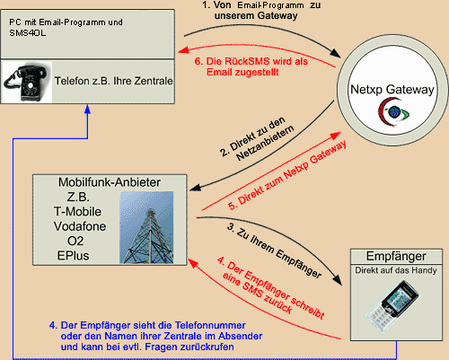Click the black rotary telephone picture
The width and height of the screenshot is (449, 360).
(x=27, y=82)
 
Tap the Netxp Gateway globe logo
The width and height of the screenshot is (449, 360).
(x=393, y=112)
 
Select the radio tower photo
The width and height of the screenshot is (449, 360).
(x=146, y=227)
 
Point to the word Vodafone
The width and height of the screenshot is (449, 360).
(x=80, y=226)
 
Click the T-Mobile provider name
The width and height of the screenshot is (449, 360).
(x=77, y=212)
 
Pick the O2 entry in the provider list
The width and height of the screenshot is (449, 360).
(x=75, y=241)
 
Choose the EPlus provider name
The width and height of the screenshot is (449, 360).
(x=74, y=256)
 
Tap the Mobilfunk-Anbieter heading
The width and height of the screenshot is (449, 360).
(x=110, y=182)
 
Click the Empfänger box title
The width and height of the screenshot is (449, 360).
(x=396, y=256)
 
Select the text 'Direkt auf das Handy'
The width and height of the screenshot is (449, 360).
(x=396, y=270)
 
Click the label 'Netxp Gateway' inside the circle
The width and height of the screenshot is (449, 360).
(x=392, y=89)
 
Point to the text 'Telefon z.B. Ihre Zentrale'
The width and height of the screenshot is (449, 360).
(x=113, y=81)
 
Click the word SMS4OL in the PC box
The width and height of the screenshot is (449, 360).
(x=28, y=33)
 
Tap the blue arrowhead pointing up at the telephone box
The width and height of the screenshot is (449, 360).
(x=87, y=109)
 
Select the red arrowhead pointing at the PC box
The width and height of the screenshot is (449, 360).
(x=183, y=50)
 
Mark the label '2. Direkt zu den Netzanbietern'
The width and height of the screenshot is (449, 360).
(x=258, y=139)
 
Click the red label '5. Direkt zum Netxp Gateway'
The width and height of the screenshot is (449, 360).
(x=287, y=175)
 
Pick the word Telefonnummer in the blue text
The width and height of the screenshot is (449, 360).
(x=210, y=325)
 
